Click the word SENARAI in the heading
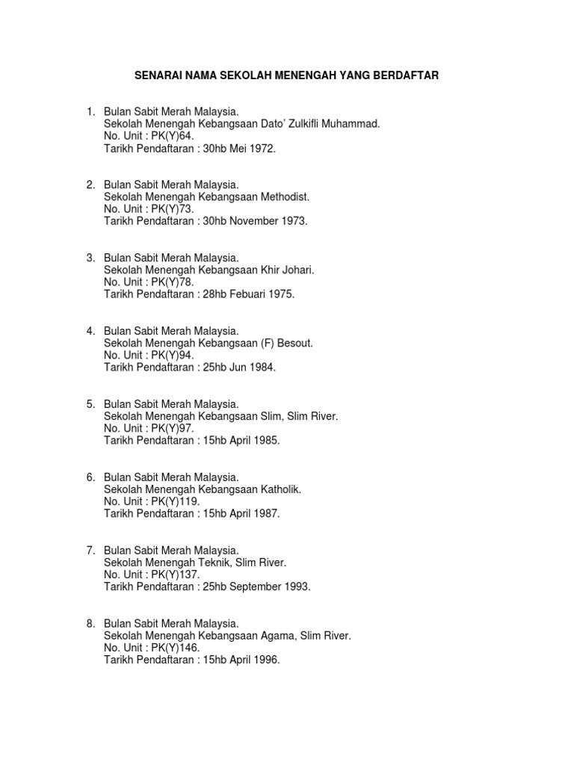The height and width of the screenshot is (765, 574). click(x=158, y=75)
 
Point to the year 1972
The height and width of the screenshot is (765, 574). click(x=263, y=149)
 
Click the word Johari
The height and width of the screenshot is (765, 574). click(x=297, y=270)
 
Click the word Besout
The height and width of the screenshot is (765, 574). click(x=296, y=343)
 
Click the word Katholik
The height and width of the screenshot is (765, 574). click(x=277, y=489)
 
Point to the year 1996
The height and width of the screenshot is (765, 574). click(x=267, y=660)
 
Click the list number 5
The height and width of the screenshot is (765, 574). click(x=90, y=404)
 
